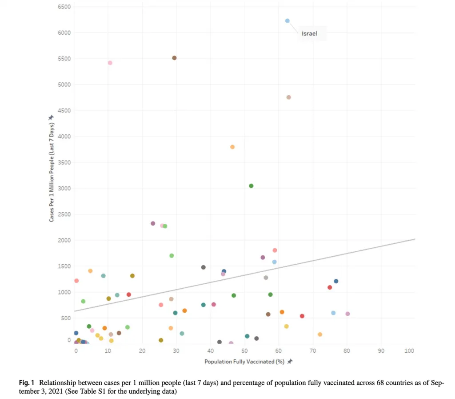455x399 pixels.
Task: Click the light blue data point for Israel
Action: click(x=287, y=21)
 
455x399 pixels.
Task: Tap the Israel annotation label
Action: click(x=309, y=33)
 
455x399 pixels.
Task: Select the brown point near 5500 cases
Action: click(x=174, y=58)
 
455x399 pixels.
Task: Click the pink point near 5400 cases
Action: click(x=110, y=63)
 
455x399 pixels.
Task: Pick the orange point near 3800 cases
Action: click(x=232, y=147)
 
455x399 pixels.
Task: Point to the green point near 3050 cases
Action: click(x=251, y=186)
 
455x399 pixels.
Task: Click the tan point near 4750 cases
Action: click(x=288, y=97)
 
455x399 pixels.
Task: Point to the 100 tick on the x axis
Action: click(x=410, y=351)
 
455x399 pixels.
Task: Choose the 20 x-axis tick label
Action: click(x=142, y=351)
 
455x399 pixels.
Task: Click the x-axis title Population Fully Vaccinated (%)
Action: click(x=244, y=362)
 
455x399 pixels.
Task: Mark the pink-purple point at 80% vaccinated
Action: click(x=347, y=314)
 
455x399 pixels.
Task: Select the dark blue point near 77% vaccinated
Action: click(x=336, y=281)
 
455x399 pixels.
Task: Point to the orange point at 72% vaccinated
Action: click(x=320, y=334)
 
